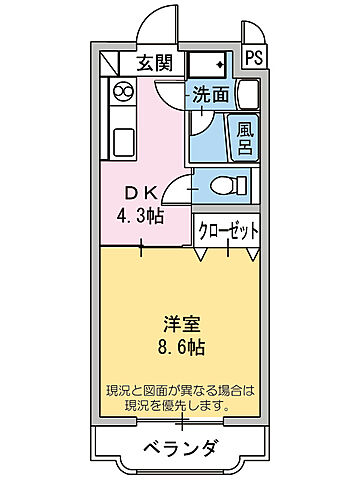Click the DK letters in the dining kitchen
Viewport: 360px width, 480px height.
tap(140, 192)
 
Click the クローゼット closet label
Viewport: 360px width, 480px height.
tap(228, 230)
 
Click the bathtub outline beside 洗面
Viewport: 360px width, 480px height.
tap(248, 98)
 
